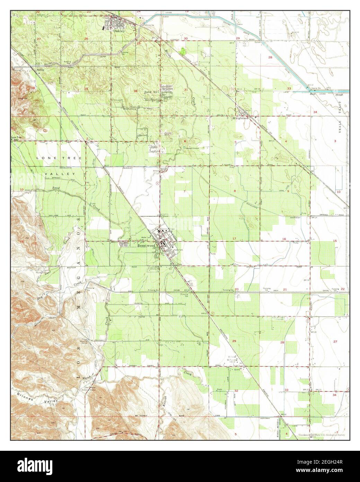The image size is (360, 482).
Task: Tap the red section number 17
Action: point(234,239)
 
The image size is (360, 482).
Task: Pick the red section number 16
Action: point(284,239)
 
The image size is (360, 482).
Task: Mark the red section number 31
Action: point(186,90)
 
